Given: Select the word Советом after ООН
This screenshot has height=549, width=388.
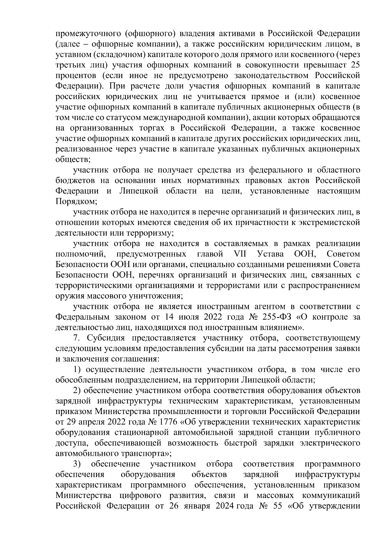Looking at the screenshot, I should [x=343, y=254].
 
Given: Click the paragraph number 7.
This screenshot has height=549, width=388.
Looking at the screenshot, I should [x=76, y=338].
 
